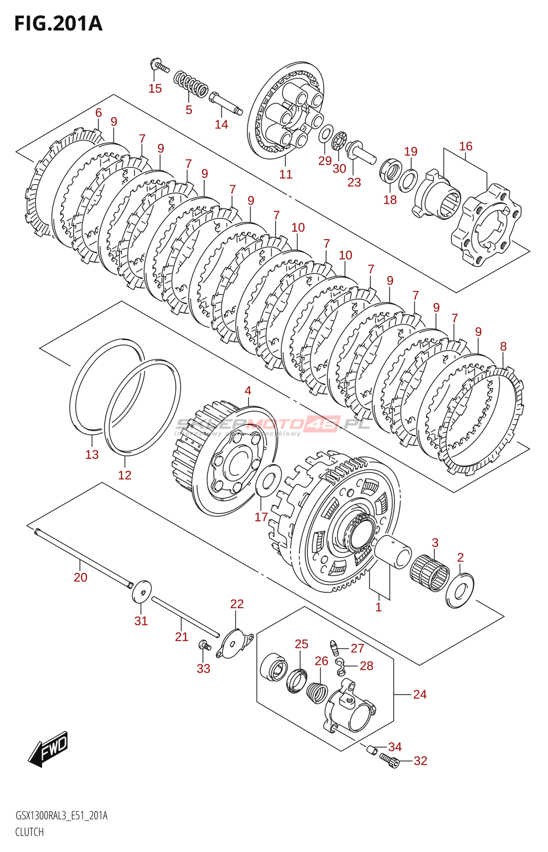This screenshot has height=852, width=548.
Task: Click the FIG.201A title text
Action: click(58, 24)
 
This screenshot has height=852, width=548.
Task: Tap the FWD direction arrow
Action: click(49, 748)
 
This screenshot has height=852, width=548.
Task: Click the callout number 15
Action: click(155, 88)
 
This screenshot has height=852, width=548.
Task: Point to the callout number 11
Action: click(286, 174)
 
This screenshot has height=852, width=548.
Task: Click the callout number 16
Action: click(465, 146)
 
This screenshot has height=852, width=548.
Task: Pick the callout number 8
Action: click(503, 346)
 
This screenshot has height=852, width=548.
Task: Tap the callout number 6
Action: click(99, 112)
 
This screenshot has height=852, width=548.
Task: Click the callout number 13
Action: click(92, 454)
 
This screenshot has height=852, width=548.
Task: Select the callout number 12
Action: click(124, 475)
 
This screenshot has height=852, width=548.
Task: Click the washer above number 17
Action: click(268, 478)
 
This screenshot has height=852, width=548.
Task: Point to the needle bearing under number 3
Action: click(430, 573)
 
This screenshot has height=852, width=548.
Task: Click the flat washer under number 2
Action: click(460, 590)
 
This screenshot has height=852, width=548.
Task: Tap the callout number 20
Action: click(80, 577)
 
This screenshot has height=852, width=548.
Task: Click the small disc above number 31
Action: click(142, 591)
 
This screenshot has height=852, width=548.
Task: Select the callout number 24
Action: click(420, 694)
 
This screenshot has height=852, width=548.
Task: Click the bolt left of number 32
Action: click(390, 762)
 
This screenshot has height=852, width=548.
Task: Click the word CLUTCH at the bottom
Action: click(29, 832)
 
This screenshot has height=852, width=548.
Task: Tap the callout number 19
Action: click(410, 152)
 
